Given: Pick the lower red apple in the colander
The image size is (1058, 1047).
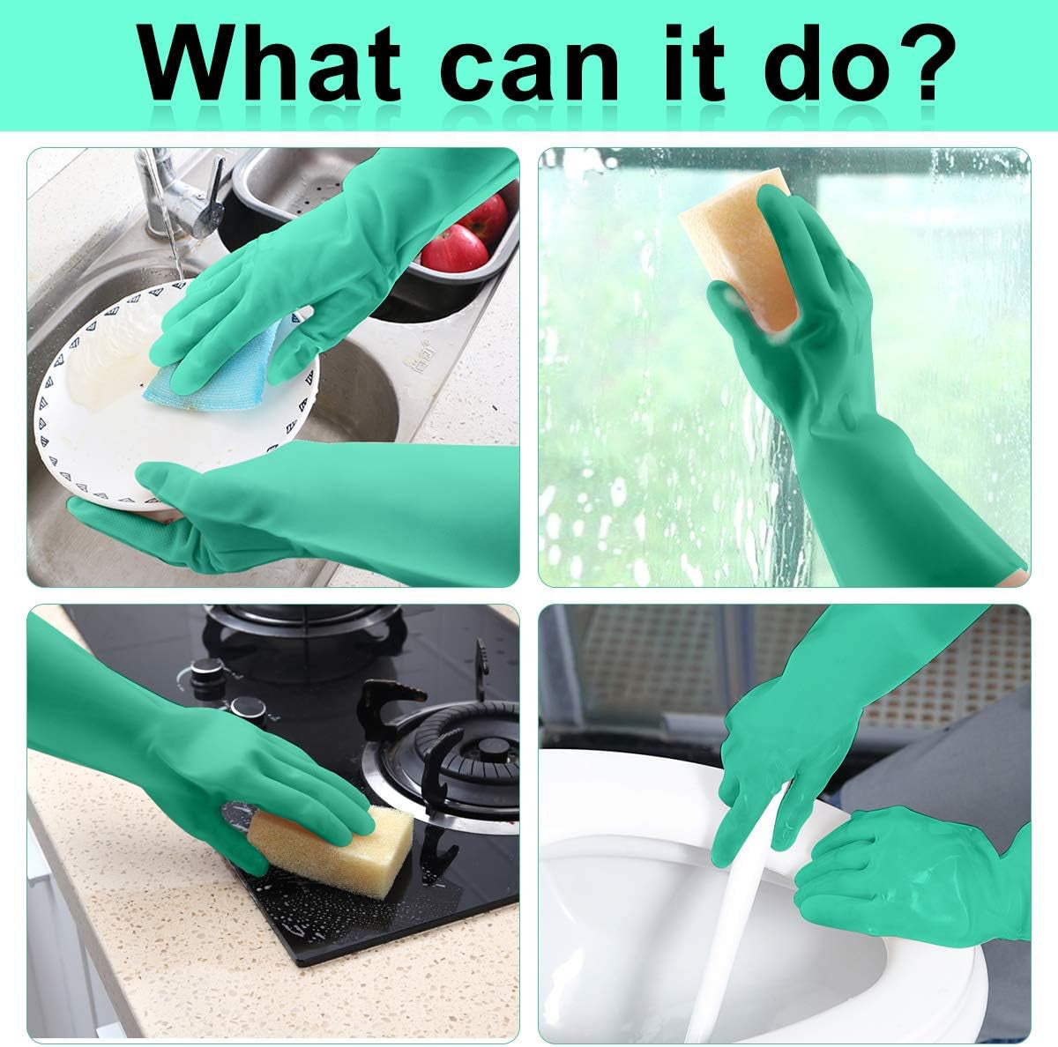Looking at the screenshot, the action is (x=454, y=249).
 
